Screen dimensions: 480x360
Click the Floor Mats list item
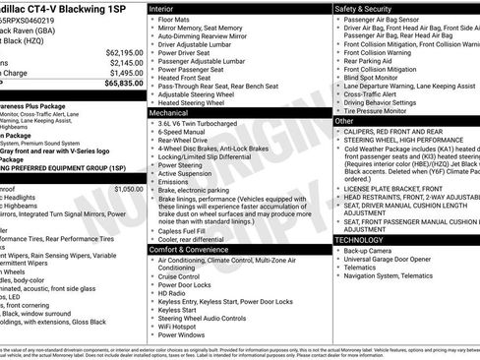[176, 20]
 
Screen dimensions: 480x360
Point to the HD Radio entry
[174, 293]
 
